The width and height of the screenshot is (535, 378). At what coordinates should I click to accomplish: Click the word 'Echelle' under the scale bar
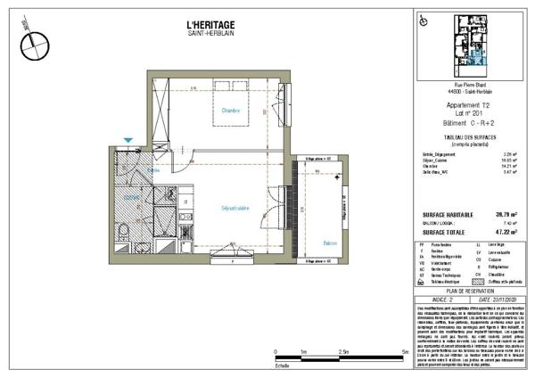tap(283, 366)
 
